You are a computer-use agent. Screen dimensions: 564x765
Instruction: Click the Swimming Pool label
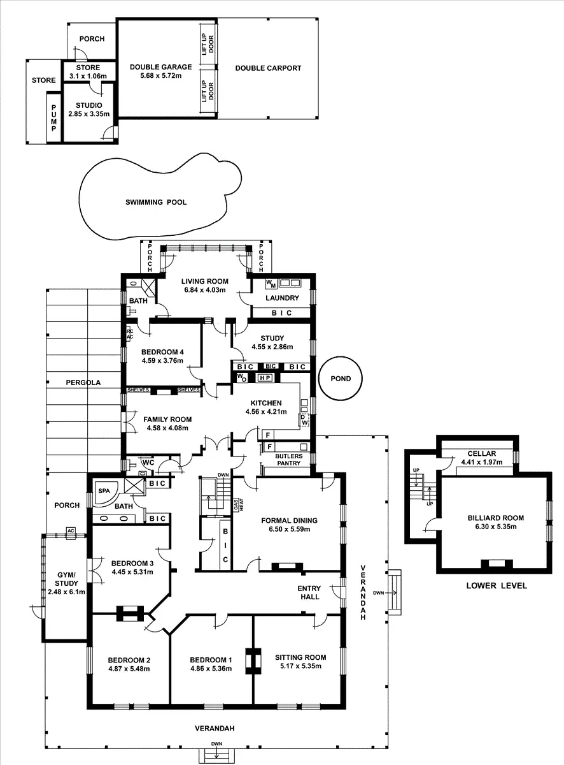tap(156, 202)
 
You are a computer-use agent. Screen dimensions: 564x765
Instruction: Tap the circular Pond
tap(341, 379)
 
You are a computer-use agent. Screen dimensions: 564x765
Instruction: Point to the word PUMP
tap(54, 118)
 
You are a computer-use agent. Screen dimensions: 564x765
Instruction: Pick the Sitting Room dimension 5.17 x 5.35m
tap(300, 667)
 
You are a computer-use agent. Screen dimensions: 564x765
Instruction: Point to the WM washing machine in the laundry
tap(269, 282)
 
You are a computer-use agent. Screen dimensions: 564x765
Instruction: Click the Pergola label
tap(84, 382)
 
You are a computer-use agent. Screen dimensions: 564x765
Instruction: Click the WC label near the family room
tap(148, 462)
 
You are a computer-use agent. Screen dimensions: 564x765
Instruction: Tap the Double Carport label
tap(268, 68)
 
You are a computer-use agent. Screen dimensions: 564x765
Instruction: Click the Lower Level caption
tap(497, 585)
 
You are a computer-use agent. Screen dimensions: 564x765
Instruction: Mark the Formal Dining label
tap(293, 520)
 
